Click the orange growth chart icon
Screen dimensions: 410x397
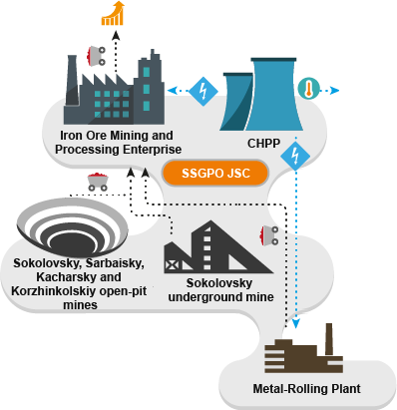pos(117,13)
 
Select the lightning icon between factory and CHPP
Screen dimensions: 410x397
pos(203,90)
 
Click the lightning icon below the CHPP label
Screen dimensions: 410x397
pos(294,155)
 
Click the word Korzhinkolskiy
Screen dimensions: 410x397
pos(56,291)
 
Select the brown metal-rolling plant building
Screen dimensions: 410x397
pos(300,353)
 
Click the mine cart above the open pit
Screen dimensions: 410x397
pos(98,182)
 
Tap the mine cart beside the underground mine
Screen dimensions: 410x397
pos(268,236)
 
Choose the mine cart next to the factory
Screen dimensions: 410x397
pos(99,54)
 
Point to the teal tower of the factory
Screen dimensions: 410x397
pos(151,80)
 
